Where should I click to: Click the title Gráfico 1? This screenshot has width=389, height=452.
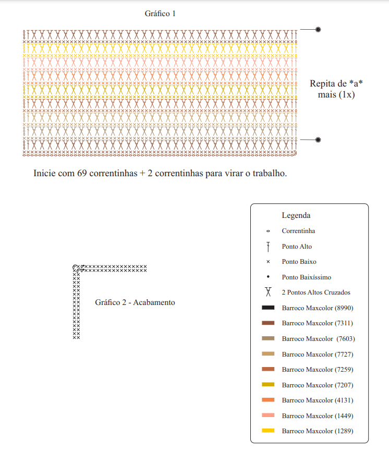pos(160,14)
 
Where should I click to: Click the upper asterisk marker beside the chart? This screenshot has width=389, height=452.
pos(318,29)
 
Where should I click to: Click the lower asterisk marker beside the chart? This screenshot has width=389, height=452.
pos(318,140)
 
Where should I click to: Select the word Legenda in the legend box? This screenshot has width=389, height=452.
pos(296,215)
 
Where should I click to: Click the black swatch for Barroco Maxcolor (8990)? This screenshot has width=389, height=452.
pos(268,308)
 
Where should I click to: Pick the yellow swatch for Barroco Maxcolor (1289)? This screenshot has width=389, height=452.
pos(268,431)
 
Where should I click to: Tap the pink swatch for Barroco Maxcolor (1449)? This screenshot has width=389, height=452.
pos(268,416)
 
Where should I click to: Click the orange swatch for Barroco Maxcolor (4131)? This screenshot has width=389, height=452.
pos(268,400)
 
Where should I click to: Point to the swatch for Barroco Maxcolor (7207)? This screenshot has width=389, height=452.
pos(268,385)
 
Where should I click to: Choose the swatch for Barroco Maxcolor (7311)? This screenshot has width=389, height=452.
pos(268,323)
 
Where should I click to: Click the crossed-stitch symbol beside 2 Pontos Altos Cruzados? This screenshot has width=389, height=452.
pos(268,292)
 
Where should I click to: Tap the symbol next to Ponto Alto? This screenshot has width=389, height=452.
pos(268,247)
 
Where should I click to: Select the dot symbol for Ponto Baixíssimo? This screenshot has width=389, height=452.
pos(268,277)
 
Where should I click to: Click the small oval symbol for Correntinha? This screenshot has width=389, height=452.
pos(268,231)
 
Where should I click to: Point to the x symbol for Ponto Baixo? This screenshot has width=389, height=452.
pos(268,262)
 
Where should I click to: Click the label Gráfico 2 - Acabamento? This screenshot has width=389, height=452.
pos(135,302)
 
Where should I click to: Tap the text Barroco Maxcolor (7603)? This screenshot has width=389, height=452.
pos(319,339)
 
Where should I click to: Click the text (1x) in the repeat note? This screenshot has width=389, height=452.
pos(347,94)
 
